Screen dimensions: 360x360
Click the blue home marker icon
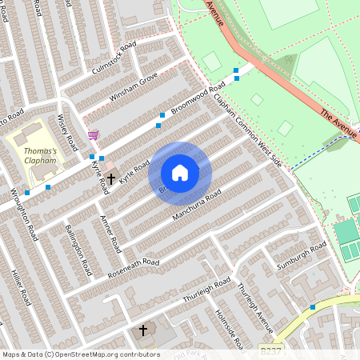pos(180,173)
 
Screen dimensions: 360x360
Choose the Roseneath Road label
pos(134,269)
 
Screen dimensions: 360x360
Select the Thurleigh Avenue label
pos(255,306)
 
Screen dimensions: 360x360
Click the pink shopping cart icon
pos(93,135)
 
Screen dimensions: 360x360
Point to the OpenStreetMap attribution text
pos(81,354)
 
